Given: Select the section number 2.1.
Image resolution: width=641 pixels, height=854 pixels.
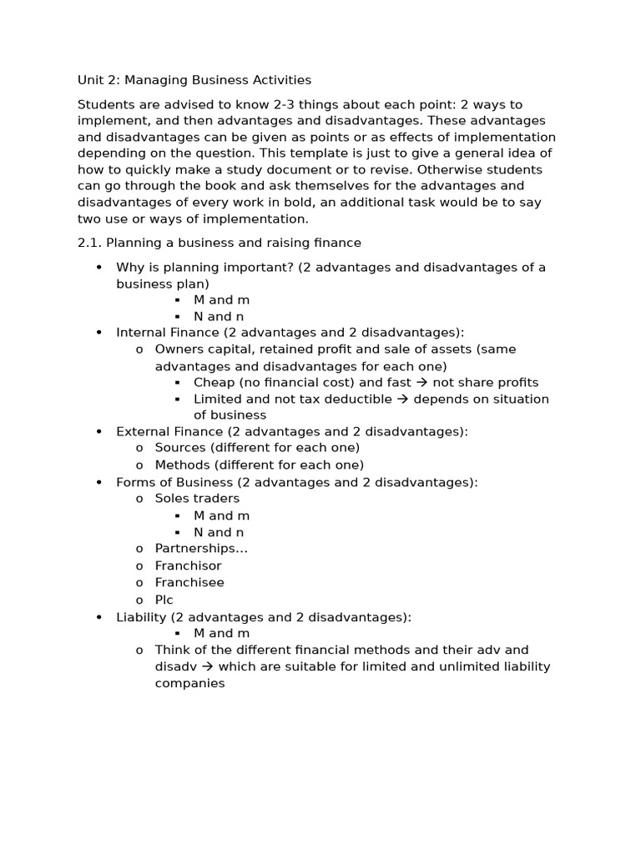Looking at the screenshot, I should point(89,243).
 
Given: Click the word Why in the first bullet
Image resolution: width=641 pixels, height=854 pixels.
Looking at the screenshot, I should point(130,267).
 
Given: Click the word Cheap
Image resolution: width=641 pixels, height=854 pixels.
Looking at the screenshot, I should point(213,382).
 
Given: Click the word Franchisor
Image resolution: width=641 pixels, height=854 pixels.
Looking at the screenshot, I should point(188,565).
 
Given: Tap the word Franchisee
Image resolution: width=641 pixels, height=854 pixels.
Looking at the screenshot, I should point(189,582).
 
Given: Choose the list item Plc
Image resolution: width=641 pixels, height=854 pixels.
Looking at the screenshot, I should point(164,600).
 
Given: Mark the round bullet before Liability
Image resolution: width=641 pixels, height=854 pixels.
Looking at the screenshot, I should point(98,616).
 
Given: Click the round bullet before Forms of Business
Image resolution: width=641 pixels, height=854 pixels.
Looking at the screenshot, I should point(98,482).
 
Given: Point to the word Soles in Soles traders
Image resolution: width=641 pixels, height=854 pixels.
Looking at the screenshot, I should point(173,498).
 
